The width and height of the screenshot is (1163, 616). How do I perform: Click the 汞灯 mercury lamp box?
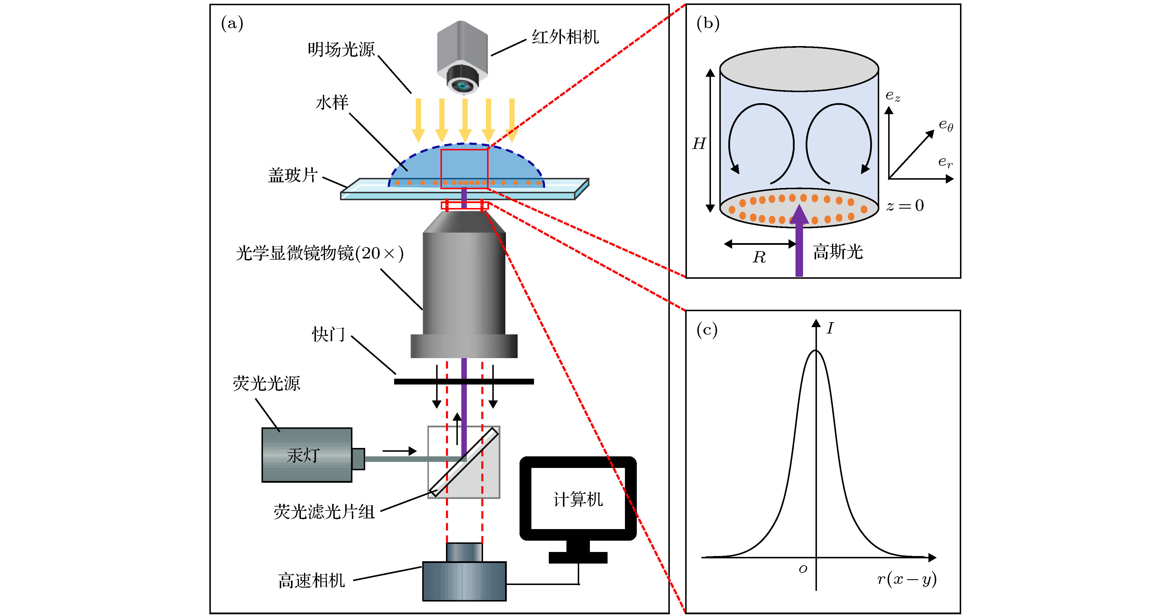click(x=307, y=455)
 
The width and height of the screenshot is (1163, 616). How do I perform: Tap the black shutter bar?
click(x=464, y=382)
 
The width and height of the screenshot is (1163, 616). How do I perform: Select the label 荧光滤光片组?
click(x=324, y=512)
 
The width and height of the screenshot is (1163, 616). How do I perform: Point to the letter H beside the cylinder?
click(x=699, y=144)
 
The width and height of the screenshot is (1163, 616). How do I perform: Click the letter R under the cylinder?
click(x=759, y=257)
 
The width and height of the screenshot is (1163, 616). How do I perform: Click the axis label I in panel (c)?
click(x=830, y=328)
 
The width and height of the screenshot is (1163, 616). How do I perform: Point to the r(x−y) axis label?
click(x=906, y=579)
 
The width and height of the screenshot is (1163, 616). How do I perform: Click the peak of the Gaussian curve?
click(x=816, y=351)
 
